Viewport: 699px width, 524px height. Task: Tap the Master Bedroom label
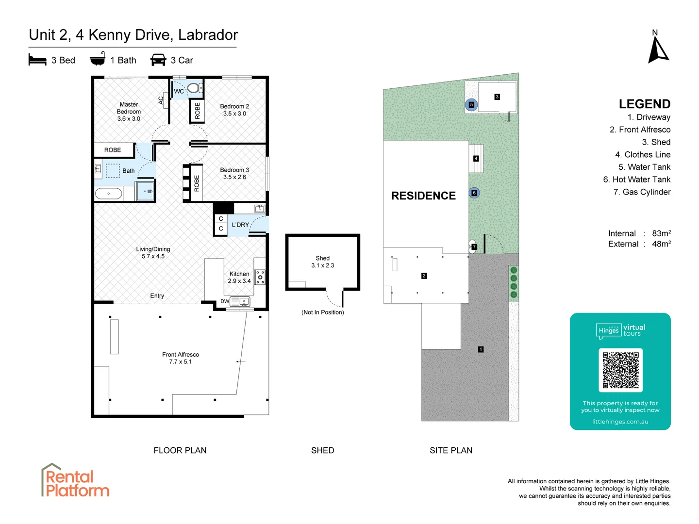(129, 111)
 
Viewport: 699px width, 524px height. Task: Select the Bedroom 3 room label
(234, 173)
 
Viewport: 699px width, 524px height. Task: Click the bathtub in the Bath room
(109, 194)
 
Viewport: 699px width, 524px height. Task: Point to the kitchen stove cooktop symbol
(260, 277)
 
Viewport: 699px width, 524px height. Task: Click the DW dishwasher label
(225, 301)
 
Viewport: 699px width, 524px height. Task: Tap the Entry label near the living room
(157, 295)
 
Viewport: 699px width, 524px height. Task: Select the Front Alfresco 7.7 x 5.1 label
(181, 358)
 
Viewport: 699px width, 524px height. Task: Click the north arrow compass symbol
(658, 49)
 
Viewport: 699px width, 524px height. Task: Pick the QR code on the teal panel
(620, 370)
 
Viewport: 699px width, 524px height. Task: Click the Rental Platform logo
(75, 481)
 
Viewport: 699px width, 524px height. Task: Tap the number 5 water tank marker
(471, 104)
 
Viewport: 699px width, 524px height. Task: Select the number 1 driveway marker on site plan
(481, 349)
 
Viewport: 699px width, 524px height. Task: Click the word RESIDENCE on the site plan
(423, 196)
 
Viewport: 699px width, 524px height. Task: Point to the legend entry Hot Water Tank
(636, 180)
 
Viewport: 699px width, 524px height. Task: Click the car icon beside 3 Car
(158, 60)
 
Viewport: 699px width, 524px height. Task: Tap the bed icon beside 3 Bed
(37, 60)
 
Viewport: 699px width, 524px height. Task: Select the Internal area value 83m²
(661, 233)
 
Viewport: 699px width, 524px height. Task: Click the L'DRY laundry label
(240, 225)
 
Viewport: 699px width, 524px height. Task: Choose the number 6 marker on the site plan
(474, 193)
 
